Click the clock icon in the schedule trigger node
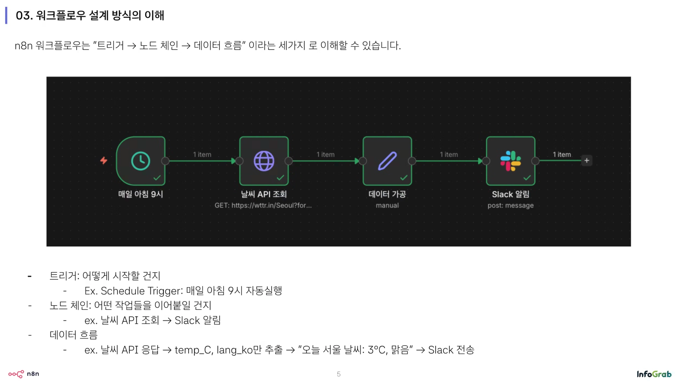tap(141, 161)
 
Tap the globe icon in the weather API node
tap(264, 161)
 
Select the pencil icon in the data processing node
tap(387, 161)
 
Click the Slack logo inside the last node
tap(511, 161)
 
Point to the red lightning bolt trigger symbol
tap(104, 160)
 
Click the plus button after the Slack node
tap(586, 160)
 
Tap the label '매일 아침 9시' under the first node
tap(141, 194)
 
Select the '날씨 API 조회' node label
tap(264, 194)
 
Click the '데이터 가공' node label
tap(387, 194)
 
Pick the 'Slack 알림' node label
tap(511, 194)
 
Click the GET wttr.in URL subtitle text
tap(263, 206)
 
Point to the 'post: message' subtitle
tap(511, 206)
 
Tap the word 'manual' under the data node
tap(387, 206)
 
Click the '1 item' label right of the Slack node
tap(562, 155)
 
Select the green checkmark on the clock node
tap(157, 178)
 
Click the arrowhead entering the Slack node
tap(480, 161)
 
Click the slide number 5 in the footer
tap(339, 374)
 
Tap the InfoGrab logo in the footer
tap(654, 374)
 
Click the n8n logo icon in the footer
tap(16, 374)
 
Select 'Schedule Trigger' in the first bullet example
tap(141, 291)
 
